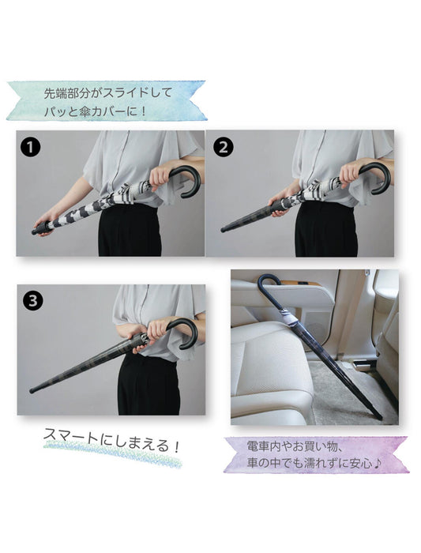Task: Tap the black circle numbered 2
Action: coord(223,147)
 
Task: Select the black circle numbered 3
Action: coord(33,301)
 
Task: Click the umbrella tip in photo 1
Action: coord(36,231)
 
